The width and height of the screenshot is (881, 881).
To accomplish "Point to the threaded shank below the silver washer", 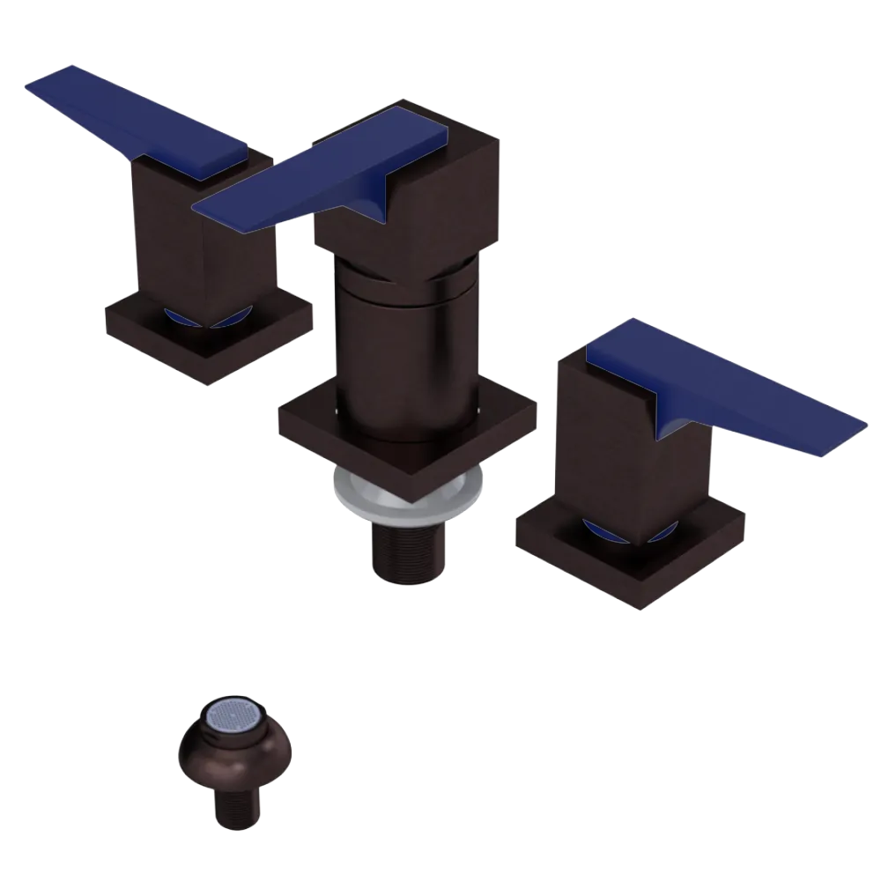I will pos(407,551).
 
